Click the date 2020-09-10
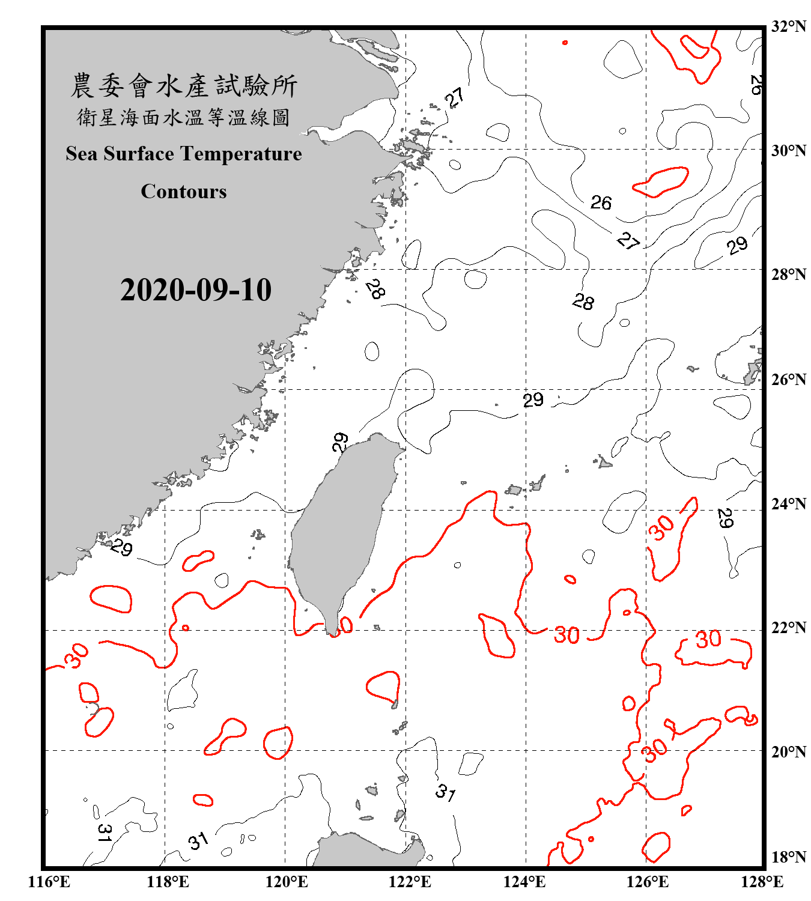(x=196, y=290)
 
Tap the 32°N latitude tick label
(x=788, y=26)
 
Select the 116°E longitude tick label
(x=49, y=882)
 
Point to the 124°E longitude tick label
(x=524, y=882)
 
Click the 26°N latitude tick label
(x=788, y=380)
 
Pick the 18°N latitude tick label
(x=788, y=857)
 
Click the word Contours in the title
(x=184, y=192)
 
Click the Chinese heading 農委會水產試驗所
(x=184, y=86)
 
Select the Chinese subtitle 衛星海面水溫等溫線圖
(x=184, y=117)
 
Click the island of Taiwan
(x=339, y=529)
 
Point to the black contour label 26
(x=601, y=203)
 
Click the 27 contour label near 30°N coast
(x=455, y=97)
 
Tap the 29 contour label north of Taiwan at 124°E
(x=533, y=400)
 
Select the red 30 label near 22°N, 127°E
(x=708, y=639)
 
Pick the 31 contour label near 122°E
(x=445, y=792)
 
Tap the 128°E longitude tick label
(x=762, y=882)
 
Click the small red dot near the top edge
(x=565, y=43)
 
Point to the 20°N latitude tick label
(x=788, y=751)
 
